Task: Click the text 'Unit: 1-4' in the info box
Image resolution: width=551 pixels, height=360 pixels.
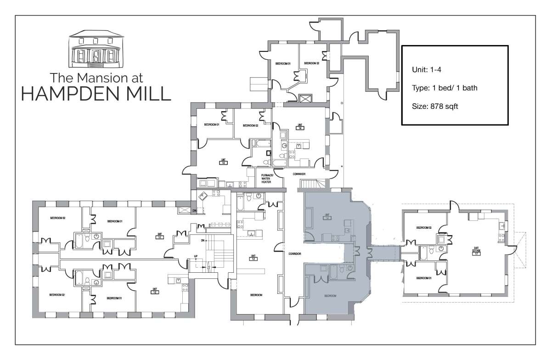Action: click(x=427, y=69)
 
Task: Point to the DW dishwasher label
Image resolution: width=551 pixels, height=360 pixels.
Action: click(x=194, y=211)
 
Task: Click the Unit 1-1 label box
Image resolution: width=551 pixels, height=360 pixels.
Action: click(x=159, y=237)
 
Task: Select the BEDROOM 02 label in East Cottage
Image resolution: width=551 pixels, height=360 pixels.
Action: click(x=423, y=227)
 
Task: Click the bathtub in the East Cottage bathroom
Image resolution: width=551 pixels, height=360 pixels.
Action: click(x=424, y=252)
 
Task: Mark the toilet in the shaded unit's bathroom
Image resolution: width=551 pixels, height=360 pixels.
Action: click(x=350, y=268)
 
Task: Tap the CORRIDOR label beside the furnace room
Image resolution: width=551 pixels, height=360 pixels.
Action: click(x=298, y=174)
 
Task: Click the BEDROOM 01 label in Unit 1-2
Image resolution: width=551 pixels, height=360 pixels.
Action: click(x=114, y=298)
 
